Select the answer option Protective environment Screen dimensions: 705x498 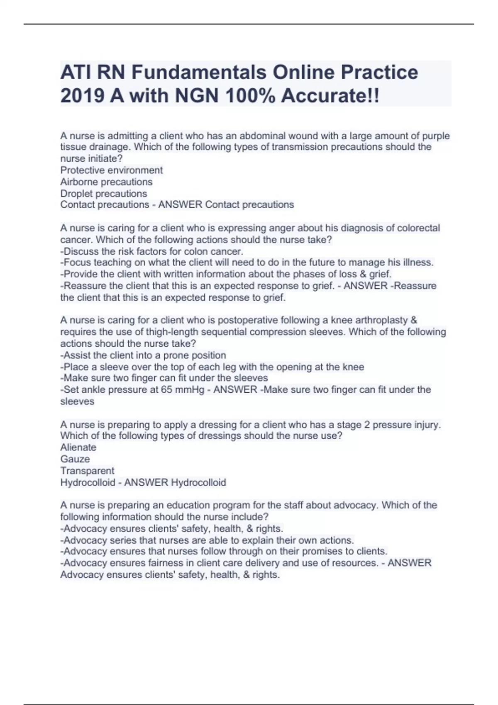point(111,170)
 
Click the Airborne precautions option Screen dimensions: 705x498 point(106,182)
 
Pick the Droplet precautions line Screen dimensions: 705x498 point(103,193)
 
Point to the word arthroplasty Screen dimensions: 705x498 point(378,320)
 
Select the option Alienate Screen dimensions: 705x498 point(78,447)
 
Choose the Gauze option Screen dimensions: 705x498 point(75,459)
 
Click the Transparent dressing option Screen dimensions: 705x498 point(87,471)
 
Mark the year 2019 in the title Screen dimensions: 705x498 point(82,96)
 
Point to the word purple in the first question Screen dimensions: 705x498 point(436,136)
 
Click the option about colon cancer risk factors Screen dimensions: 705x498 point(151,251)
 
